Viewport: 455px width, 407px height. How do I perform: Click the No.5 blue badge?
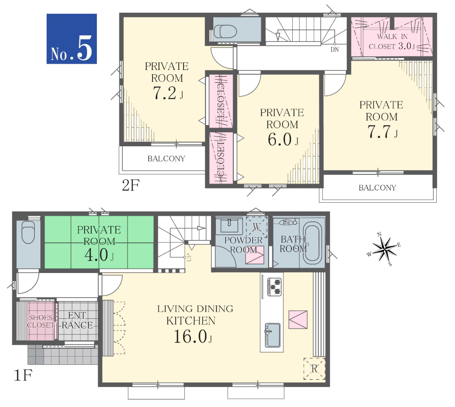click(72, 39)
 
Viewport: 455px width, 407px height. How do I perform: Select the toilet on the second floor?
click(226, 31)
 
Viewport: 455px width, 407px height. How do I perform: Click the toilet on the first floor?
click(28, 232)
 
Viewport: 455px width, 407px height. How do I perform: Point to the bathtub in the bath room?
click(313, 243)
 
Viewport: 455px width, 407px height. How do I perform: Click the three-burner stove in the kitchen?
click(274, 287)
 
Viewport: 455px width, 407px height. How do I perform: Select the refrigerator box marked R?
click(314, 368)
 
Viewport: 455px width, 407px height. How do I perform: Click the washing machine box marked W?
click(257, 227)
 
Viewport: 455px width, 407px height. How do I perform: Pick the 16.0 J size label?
click(193, 336)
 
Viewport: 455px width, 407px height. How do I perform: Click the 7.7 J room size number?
click(382, 131)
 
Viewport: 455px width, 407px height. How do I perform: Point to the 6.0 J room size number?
click(283, 139)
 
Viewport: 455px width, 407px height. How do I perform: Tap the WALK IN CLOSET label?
click(392, 42)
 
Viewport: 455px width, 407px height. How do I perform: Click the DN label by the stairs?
click(335, 50)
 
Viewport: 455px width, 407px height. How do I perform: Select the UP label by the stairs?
click(189, 257)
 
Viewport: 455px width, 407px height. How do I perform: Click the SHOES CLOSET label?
click(41, 321)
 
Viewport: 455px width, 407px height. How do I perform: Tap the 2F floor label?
click(131, 185)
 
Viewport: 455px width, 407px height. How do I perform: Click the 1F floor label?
click(23, 376)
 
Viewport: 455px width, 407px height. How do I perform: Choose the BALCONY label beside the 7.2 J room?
click(166, 159)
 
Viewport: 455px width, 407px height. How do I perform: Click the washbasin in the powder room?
click(229, 226)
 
